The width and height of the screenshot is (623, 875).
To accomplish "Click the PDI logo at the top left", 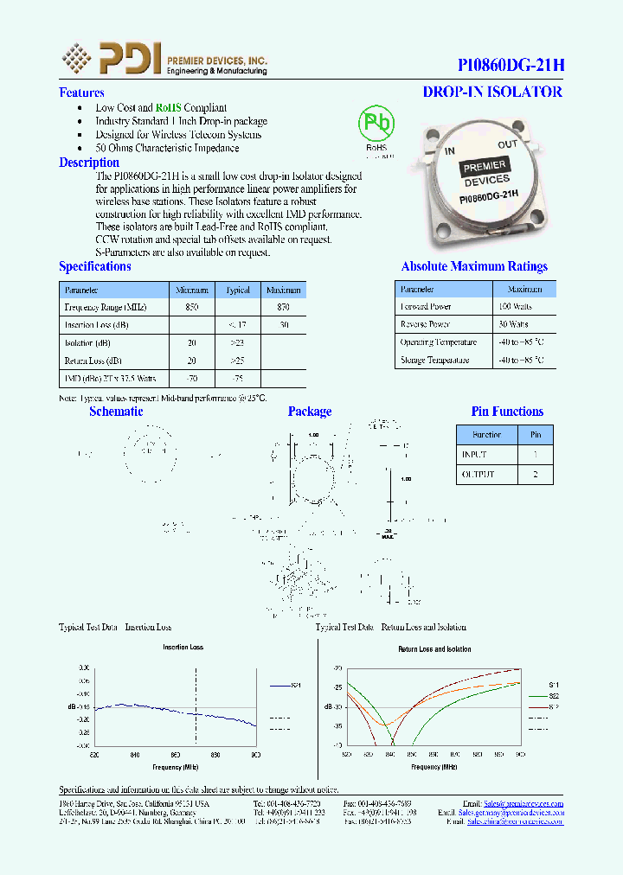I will [112, 59].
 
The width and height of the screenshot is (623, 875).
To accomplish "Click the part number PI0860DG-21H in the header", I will [510, 66].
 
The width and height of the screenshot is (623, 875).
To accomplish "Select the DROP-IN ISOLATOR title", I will [492, 92].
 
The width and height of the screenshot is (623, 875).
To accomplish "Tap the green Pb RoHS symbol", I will [376, 125].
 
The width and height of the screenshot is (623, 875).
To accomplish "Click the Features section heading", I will [81, 93].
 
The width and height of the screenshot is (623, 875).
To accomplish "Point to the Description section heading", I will [89, 163].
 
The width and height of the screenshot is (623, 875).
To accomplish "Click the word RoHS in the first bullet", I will [168, 108].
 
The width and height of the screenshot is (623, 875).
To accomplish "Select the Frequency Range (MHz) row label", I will [106, 307].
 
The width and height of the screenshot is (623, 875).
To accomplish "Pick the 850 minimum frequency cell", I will [192, 307].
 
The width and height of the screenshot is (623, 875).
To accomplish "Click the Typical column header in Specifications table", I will [237, 290].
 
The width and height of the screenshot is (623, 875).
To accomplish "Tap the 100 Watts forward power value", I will [515, 306].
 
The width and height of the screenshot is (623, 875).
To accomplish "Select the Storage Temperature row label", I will [434, 361].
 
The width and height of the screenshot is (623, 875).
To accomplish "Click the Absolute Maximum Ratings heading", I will [474, 266].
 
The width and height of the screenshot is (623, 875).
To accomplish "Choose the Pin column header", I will [536, 435].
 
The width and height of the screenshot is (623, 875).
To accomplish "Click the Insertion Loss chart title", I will [183, 648].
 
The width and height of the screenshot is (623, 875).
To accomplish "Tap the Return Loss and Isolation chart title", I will [434, 648].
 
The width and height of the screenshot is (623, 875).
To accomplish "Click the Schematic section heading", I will [116, 412].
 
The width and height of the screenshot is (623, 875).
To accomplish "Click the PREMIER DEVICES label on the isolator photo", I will [486, 174].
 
